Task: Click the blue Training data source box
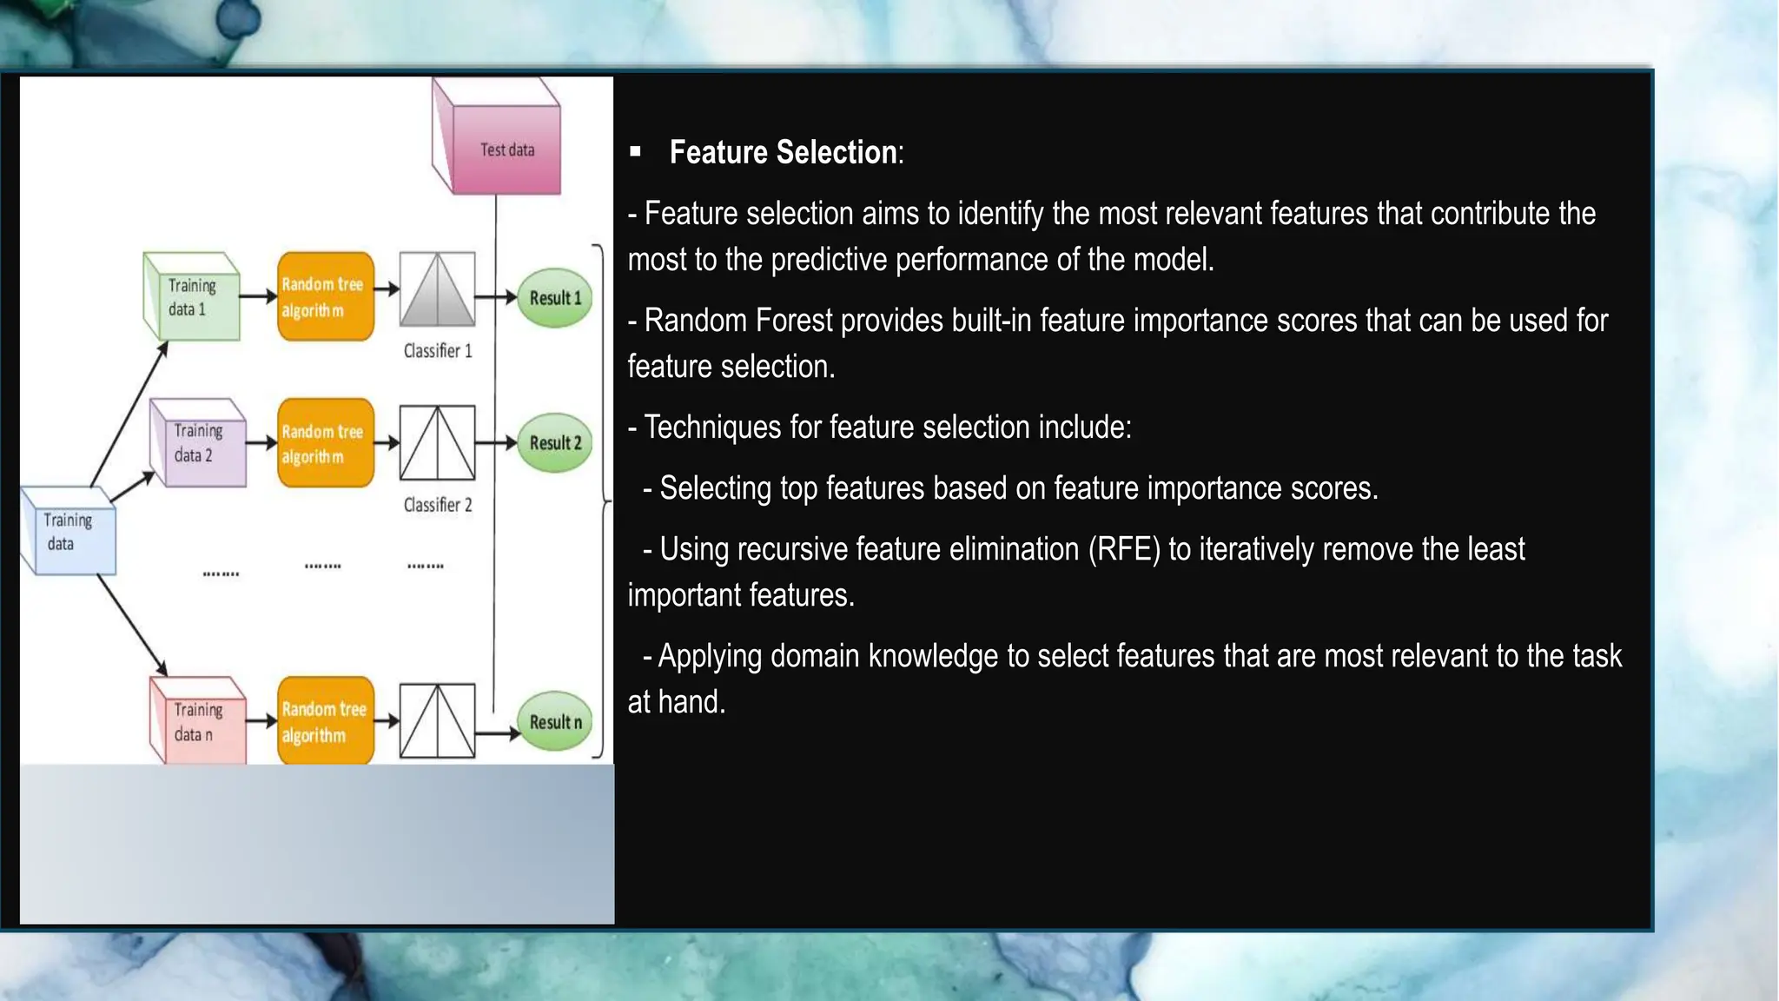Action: point(69,532)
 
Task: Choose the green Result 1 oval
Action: point(555,298)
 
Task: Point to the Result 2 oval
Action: point(555,443)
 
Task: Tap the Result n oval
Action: point(555,722)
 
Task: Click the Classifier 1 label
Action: point(438,351)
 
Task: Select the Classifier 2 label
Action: point(438,505)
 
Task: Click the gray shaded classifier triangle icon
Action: point(437,290)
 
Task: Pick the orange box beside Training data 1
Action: point(326,297)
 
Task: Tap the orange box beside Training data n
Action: point(326,721)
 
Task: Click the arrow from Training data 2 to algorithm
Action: point(261,443)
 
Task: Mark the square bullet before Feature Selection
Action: point(636,152)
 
